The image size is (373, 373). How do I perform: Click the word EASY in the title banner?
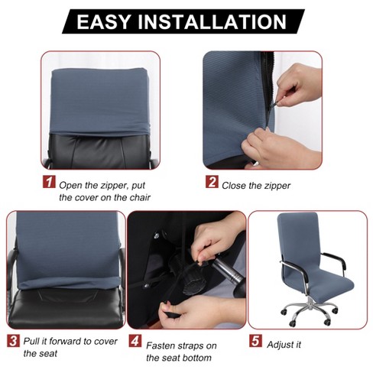point(104,22)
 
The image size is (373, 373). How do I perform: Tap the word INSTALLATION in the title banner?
point(212,22)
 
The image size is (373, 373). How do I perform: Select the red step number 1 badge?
point(49,182)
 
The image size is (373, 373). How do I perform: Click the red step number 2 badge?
point(212,182)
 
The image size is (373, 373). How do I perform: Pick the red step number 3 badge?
point(13,341)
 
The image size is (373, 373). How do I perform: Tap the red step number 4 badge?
point(135,341)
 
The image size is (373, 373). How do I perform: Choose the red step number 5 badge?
point(255,341)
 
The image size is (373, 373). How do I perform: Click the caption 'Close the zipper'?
point(256,186)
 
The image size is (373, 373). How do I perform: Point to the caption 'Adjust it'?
point(284,345)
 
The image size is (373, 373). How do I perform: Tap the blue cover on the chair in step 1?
point(100,101)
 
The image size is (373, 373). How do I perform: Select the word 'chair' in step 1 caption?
point(140,197)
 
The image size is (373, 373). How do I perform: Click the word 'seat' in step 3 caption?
point(48,353)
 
